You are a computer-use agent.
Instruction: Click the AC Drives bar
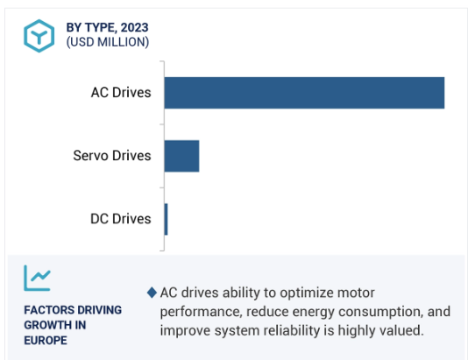coord(304,93)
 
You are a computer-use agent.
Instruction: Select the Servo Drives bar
coord(181,156)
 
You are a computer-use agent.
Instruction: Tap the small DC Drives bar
coord(166,219)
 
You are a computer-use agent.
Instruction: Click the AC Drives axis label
coord(121,93)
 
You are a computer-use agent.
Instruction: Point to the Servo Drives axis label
coord(112,156)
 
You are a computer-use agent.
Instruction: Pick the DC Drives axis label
coord(121,219)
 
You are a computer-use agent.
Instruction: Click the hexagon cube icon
coord(39,36)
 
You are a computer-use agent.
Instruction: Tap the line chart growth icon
coord(37,278)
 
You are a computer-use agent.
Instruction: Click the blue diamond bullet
coord(152,293)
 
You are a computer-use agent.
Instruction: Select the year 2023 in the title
coord(134,27)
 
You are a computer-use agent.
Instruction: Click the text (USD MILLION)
coord(108,42)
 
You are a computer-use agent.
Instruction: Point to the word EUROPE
coord(46,341)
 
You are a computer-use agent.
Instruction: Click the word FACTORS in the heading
coord(45,310)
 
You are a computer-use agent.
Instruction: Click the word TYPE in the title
coord(101,27)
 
